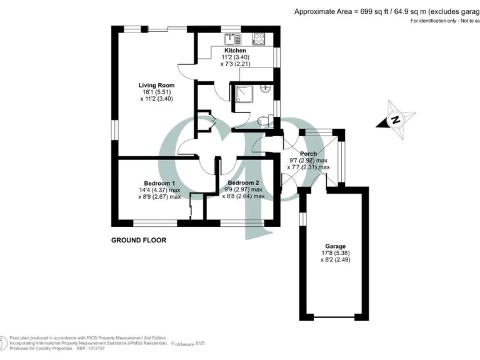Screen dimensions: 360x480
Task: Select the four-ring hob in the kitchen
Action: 258,37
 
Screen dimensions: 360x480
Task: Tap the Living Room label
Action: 156,85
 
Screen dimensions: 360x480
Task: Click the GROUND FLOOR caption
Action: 139,240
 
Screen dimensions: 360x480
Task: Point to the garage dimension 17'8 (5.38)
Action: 331,253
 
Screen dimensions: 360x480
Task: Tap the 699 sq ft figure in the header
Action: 371,11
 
